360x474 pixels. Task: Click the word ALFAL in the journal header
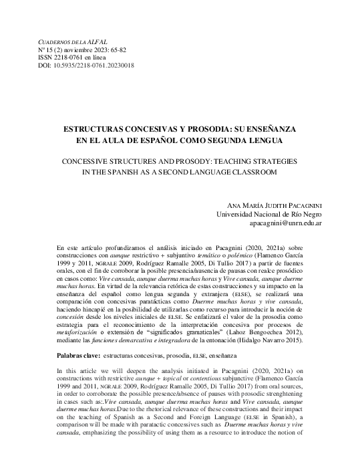pos(97,41)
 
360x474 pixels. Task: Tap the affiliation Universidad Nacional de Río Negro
pos(271,215)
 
